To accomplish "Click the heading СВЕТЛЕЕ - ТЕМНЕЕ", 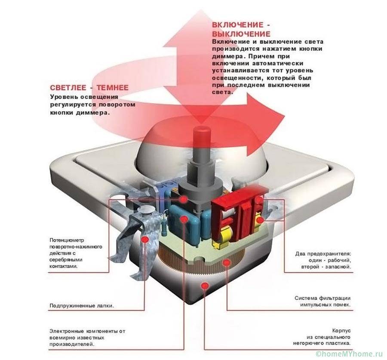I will tap(89, 87).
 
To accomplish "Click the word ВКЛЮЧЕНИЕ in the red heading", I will tap(236, 24).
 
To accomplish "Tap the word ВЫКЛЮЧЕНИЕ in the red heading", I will tap(241, 34).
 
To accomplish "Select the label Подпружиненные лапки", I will tap(82, 306).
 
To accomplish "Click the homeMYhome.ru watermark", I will tap(349, 354).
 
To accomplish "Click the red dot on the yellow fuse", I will tap(259, 220).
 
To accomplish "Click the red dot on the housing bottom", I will tap(204, 284).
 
